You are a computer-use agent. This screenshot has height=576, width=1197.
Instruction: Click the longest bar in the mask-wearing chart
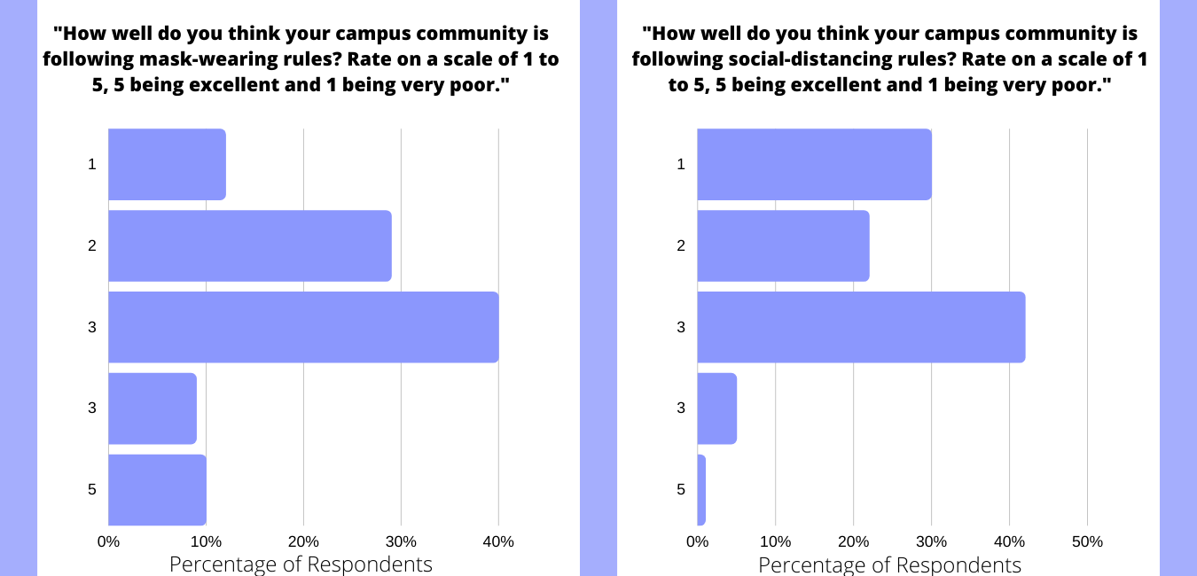(x=303, y=327)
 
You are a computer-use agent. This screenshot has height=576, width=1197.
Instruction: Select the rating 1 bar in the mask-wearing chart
(x=167, y=164)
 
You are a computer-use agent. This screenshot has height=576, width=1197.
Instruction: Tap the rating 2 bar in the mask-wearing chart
(x=249, y=245)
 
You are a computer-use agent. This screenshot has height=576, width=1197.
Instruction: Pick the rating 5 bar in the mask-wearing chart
(x=157, y=490)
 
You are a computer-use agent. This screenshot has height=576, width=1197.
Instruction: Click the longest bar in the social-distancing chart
(x=861, y=327)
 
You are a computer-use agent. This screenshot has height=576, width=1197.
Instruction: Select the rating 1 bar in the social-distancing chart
(x=814, y=164)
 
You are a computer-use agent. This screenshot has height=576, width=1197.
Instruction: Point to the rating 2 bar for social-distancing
(x=783, y=245)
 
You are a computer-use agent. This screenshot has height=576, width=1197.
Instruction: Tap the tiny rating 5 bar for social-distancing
(x=701, y=490)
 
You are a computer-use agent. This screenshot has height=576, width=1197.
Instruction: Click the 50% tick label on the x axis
(x=1087, y=541)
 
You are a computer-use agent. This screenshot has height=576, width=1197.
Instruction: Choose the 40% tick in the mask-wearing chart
(x=498, y=541)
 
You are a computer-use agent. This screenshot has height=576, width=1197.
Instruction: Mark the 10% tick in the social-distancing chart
(x=776, y=541)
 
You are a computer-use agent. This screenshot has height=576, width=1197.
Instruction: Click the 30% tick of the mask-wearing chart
(x=401, y=541)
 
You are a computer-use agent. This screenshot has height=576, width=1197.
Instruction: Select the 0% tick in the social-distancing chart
(x=698, y=541)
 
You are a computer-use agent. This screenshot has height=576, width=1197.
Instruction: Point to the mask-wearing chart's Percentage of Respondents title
(x=301, y=564)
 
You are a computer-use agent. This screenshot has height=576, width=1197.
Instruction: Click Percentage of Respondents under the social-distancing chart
(x=889, y=564)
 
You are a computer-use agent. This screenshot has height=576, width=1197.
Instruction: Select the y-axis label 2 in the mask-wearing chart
(x=92, y=245)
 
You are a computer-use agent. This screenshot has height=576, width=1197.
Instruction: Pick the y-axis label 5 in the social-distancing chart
(x=681, y=490)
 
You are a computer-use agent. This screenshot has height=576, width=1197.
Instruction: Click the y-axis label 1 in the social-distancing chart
(x=681, y=164)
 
